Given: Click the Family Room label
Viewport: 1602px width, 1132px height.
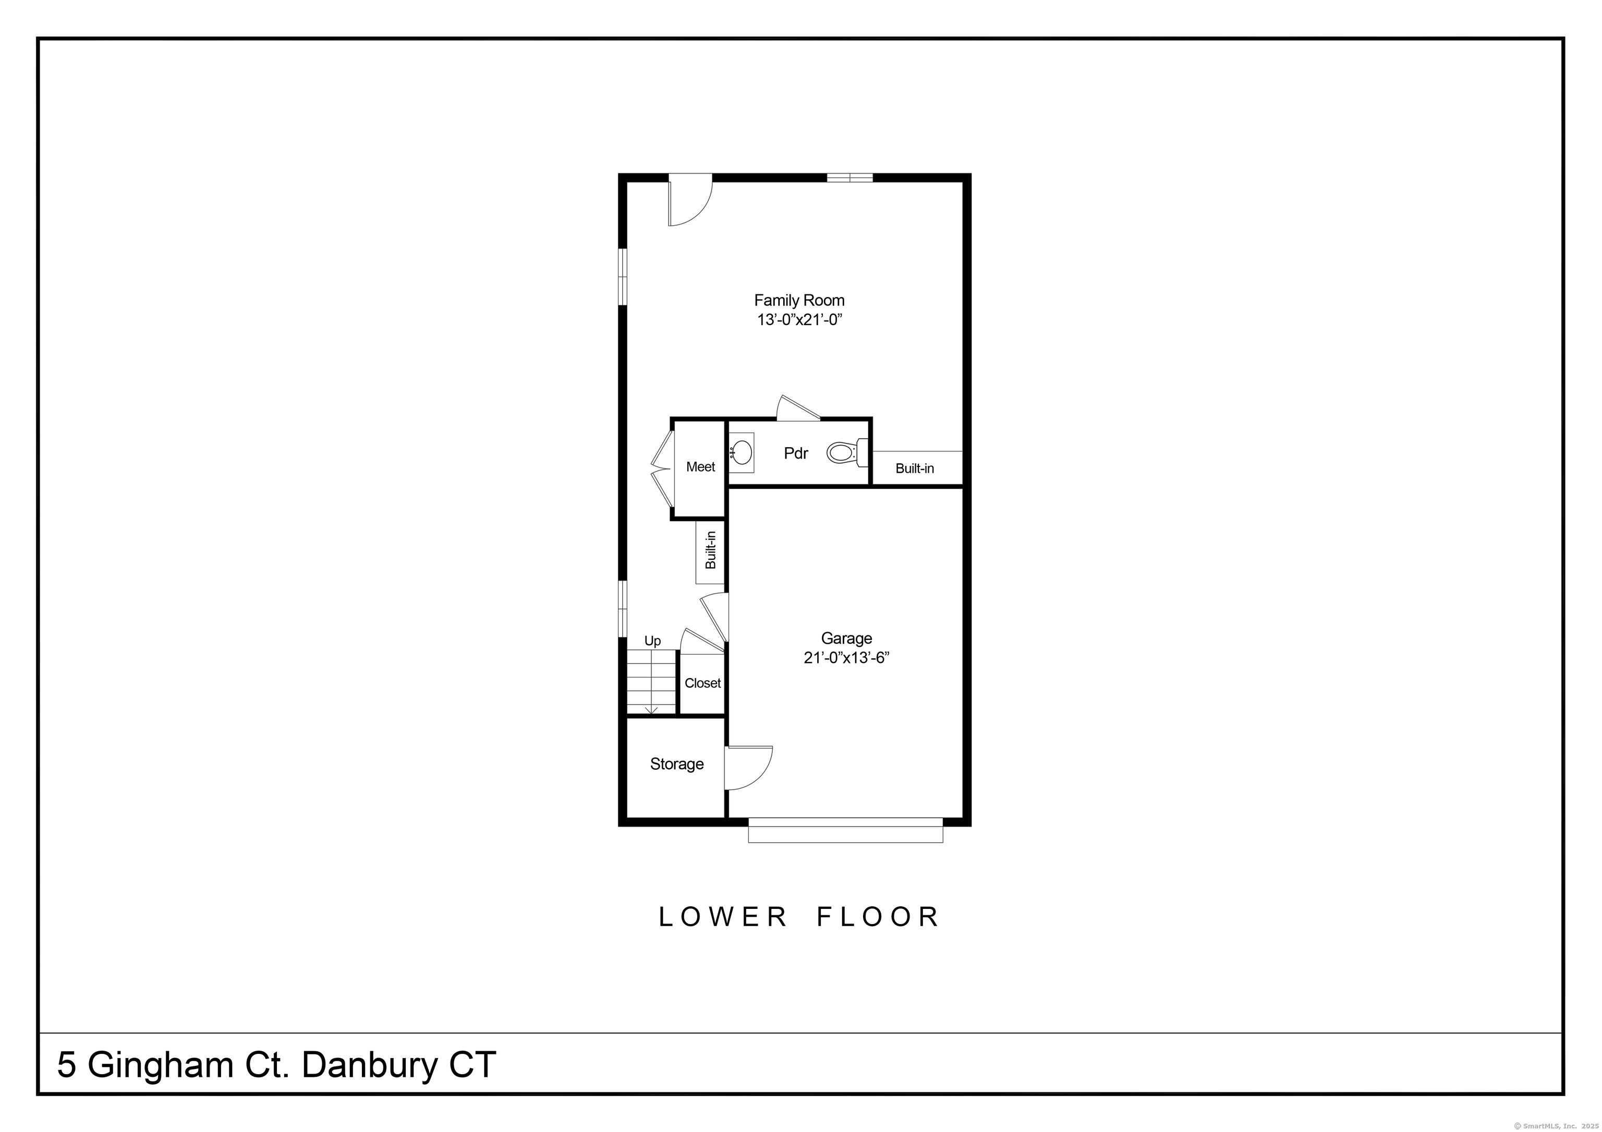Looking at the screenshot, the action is [x=799, y=301].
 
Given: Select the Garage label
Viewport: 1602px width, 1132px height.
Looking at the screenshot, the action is [x=846, y=638].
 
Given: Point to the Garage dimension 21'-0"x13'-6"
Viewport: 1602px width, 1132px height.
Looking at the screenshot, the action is [x=846, y=658].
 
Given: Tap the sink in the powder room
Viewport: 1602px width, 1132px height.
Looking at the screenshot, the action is [x=741, y=453].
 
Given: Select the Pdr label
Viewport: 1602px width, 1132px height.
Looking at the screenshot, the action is [x=796, y=453].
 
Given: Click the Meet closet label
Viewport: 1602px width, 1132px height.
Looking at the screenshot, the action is [x=700, y=466].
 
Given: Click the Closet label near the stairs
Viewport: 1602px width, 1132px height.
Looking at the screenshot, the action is [x=702, y=683].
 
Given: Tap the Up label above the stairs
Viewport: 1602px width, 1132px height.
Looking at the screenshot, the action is [x=652, y=641].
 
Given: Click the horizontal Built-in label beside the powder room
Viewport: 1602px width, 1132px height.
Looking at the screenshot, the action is [x=915, y=468].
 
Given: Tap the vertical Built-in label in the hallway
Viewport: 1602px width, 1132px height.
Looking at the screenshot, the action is [x=711, y=550].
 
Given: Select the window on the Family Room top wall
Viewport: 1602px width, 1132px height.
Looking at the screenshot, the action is [x=850, y=177].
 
